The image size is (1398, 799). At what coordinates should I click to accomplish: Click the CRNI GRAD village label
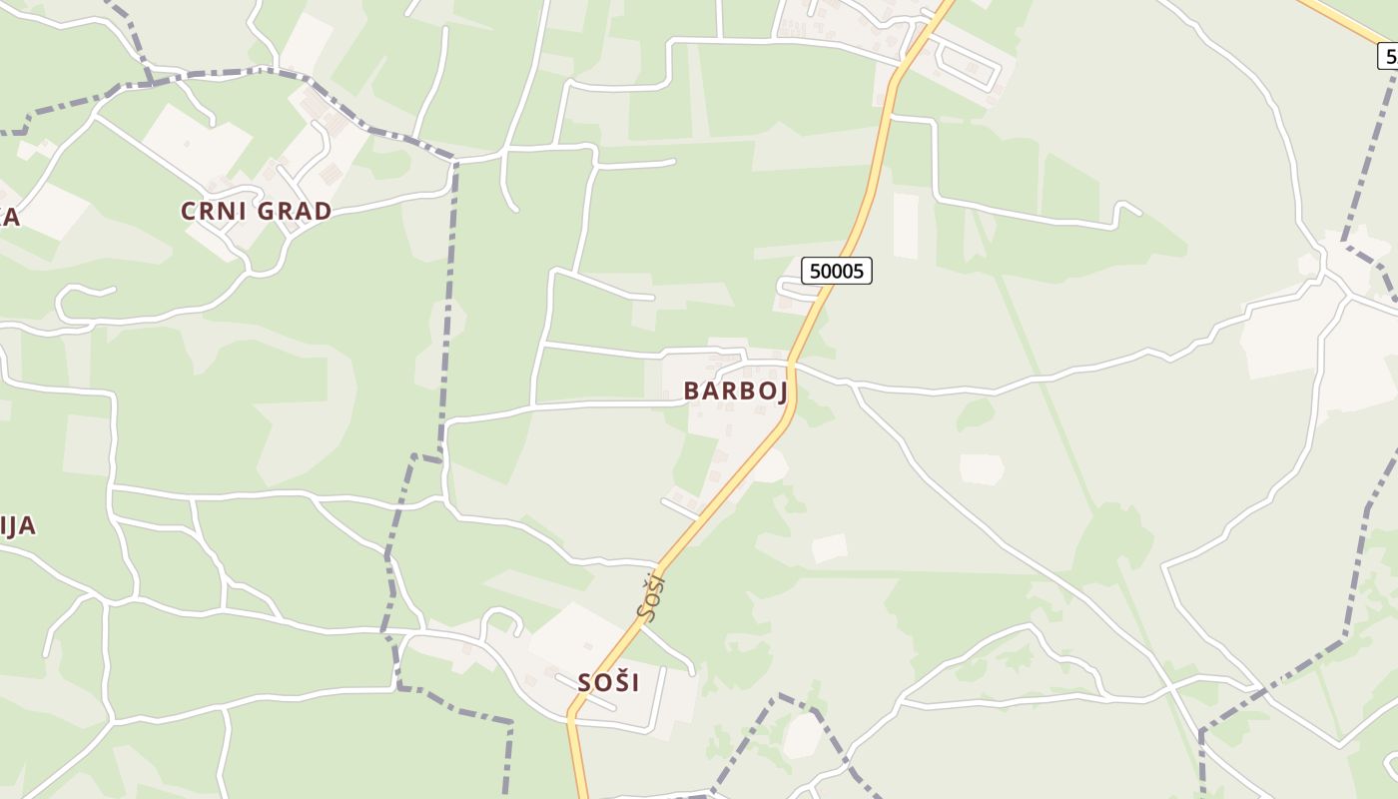point(256,211)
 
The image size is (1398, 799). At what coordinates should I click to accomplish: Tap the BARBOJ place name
point(736,391)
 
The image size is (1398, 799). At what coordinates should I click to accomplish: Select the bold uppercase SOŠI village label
point(608,682)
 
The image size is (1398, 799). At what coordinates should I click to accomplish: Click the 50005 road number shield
point(837,271)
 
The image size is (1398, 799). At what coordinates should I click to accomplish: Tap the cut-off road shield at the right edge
point(1388,56)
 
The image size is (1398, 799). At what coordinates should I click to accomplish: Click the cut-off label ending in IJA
point(17,525)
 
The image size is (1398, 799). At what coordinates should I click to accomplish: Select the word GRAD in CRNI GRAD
point(295,211)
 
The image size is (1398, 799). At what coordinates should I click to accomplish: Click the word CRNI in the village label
point(214,211)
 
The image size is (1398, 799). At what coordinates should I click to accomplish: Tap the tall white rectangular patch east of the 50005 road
point(906,226)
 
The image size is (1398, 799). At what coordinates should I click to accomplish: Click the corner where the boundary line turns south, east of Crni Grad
point(455,161)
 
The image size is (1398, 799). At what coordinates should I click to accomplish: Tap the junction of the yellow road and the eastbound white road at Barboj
point(792,363)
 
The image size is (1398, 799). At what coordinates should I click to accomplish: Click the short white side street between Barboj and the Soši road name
point(679,508)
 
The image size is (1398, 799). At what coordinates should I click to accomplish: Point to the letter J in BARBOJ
point(781,392)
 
